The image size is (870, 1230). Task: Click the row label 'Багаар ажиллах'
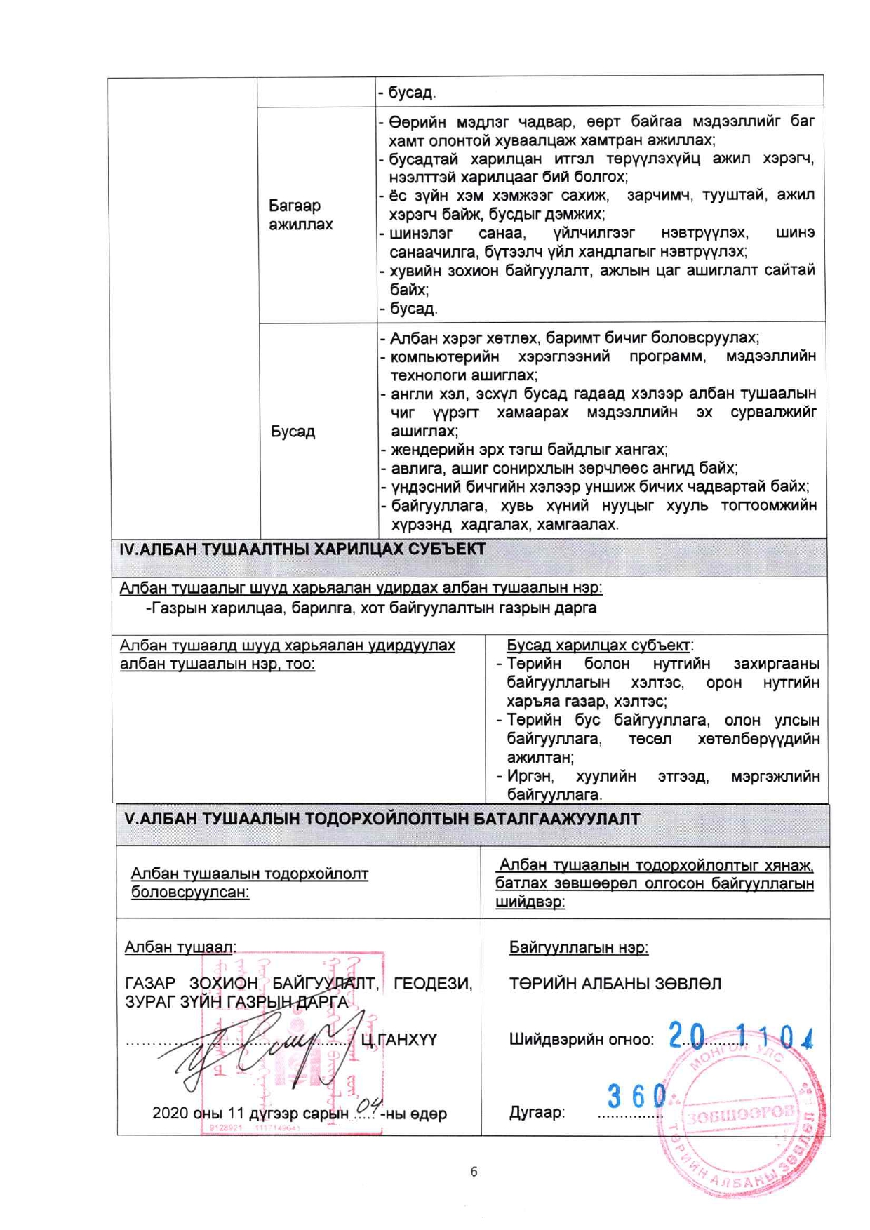300,215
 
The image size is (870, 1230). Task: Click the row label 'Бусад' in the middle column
293,431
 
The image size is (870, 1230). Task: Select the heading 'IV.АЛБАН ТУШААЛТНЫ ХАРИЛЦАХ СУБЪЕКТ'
302,549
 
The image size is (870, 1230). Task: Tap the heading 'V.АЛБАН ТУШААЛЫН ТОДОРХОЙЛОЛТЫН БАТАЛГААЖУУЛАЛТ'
382,819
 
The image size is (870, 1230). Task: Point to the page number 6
474,1171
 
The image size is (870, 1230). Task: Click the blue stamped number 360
636,1095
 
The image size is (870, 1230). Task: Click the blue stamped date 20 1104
740,1036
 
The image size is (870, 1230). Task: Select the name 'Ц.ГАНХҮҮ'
399,1040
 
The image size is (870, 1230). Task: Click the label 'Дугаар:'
537,1112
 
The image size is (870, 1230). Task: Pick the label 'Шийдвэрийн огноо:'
581,1040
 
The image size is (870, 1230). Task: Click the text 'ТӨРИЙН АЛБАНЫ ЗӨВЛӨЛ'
615,984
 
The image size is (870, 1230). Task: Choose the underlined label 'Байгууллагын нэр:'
578,947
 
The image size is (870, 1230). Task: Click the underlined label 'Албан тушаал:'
180,947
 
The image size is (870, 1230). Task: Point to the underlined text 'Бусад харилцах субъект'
598,645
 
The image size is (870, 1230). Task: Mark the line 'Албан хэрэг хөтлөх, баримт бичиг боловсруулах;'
574,337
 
